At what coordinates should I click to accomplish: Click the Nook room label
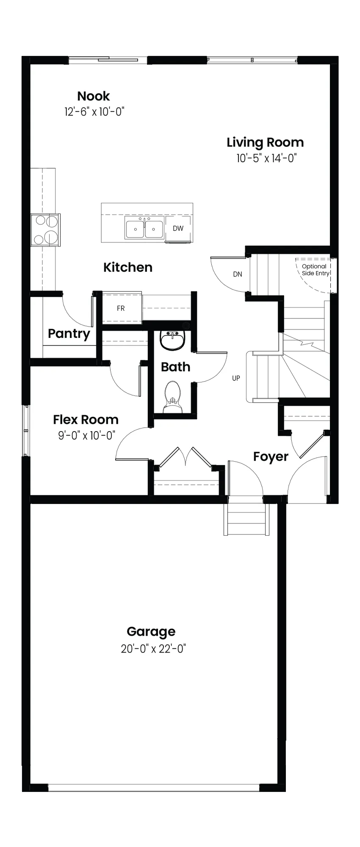(94, 96)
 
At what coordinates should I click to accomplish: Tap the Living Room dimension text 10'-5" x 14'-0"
(266, 158)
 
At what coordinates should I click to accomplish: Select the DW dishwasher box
(178, 229)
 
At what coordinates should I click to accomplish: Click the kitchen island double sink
(144, 229)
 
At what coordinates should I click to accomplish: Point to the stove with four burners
(45, 230)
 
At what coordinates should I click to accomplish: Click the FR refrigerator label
(121, 308)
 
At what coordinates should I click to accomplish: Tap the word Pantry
(69, 334)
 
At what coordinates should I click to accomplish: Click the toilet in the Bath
(172, 397)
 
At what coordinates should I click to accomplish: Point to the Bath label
(175, 367)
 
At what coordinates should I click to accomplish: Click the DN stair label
(238, 274)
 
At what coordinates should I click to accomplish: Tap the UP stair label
(236, 378)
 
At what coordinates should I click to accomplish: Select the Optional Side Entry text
(315, 270)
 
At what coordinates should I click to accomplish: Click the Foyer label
(271, 457)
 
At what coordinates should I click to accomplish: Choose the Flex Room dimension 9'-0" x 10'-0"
(87, 435)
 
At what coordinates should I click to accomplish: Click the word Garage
(151, 632)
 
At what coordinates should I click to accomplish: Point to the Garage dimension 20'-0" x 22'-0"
(153, 649)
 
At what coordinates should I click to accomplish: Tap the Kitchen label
(128, 268)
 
